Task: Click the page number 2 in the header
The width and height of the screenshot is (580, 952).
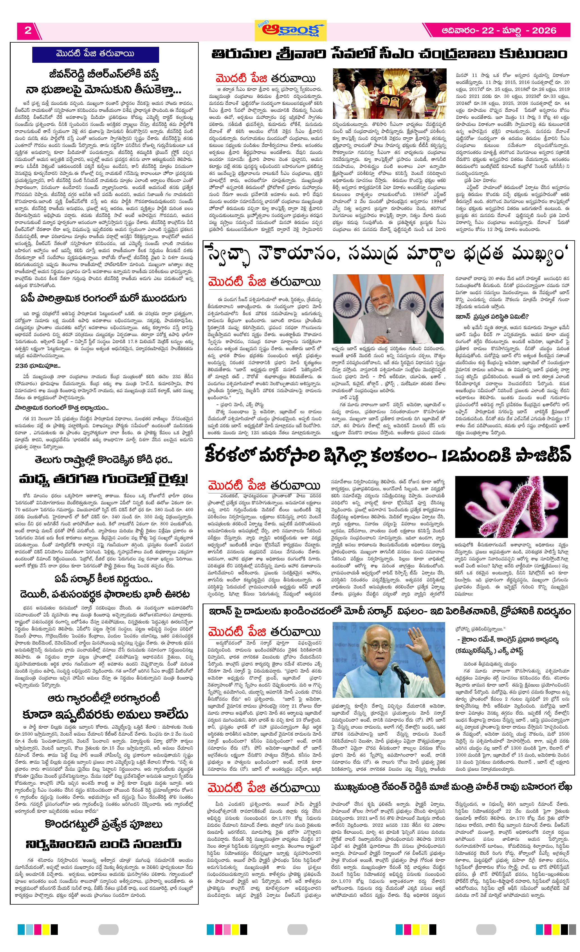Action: click(28, 31)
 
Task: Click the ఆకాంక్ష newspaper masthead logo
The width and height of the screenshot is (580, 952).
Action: click(290, 30)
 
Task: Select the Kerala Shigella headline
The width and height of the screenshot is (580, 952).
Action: click(388, 455)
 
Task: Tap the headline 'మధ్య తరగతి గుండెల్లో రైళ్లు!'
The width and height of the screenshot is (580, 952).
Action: click(104, 479)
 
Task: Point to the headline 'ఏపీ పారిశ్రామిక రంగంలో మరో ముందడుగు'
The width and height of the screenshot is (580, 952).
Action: click(104, 298)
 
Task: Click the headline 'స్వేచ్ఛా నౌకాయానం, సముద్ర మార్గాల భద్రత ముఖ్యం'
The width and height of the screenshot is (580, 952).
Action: click(388, 255)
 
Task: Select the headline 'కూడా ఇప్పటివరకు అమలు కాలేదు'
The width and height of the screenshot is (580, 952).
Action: click(104, 714)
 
